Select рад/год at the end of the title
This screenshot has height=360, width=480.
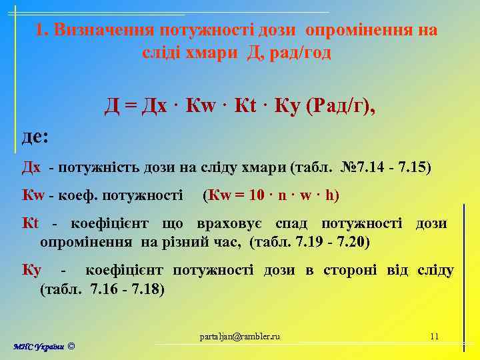coord(297,51)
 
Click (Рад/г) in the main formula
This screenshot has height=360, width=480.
coord(339,105)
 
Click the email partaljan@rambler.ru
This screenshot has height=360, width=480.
coord(240,336)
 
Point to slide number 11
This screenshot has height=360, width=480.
coord(434,336)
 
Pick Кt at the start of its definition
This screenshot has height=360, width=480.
coord(31,223)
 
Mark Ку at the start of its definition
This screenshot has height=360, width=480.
coord(31,271)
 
